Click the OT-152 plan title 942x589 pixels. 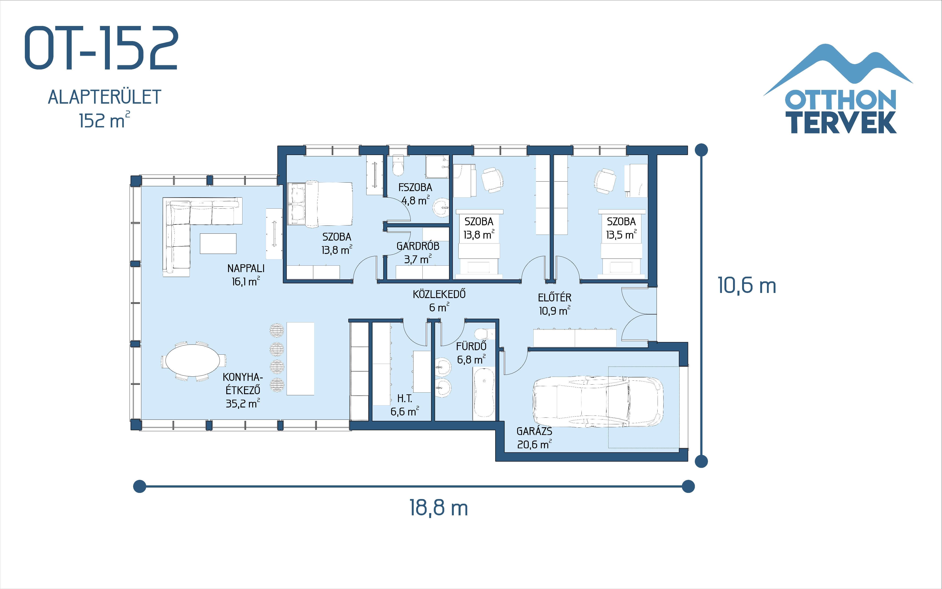coord(101,48)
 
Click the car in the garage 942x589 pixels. coord(598,402)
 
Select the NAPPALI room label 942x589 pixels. coord(246,268)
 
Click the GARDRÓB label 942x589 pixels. coord(418,246)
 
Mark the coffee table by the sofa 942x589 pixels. coord(218,243)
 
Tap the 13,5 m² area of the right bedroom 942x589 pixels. coord(621,235)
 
